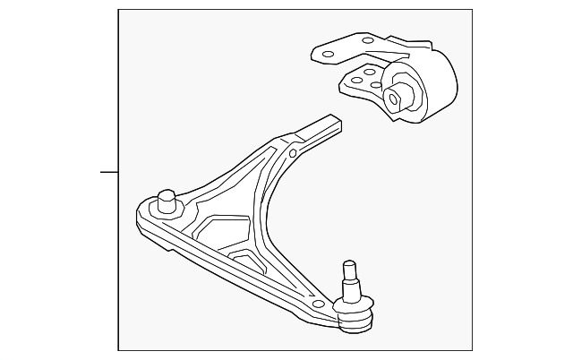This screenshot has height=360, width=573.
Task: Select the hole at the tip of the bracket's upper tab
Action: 327,54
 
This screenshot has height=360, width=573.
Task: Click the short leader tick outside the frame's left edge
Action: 108,170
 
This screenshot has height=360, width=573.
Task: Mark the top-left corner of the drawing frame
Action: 119,11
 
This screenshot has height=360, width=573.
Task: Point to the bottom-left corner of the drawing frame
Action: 119,350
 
